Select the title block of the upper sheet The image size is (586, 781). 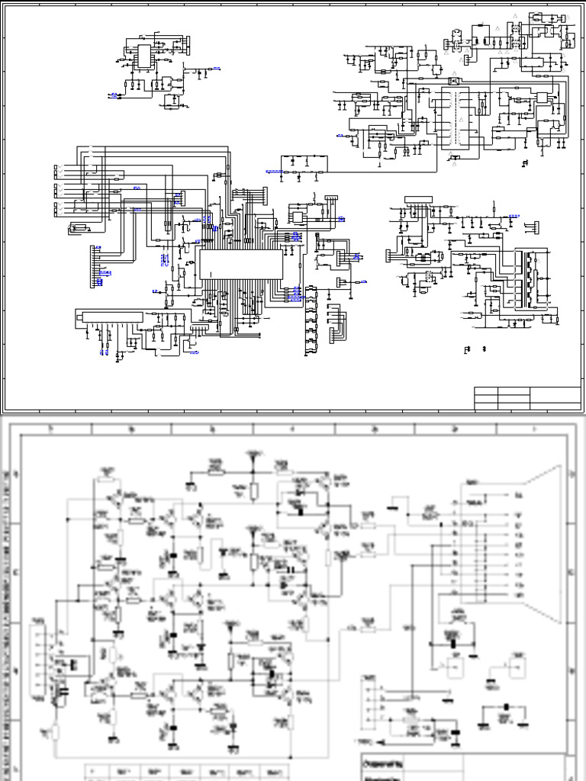(527, 398)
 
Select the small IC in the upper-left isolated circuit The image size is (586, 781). (143, 55)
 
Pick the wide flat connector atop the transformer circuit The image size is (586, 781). (418, 199)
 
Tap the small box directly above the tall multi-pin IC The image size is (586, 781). (456, 79)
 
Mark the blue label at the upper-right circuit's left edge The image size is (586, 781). (340, 135)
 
